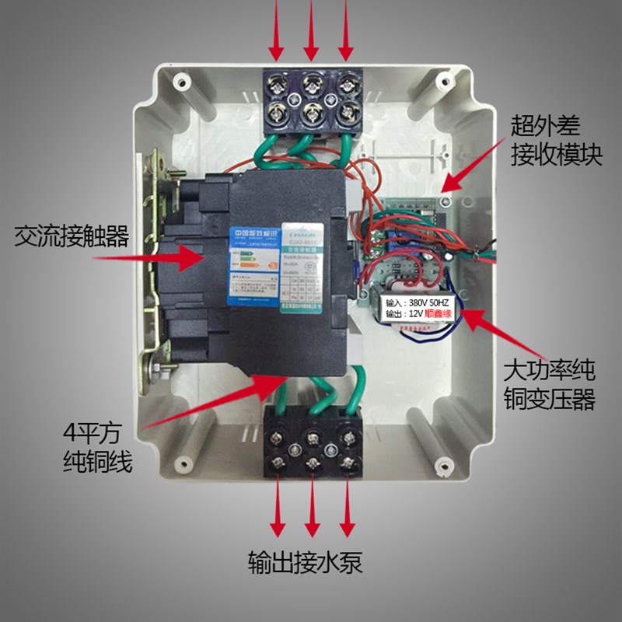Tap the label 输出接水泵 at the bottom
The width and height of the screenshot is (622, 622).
click(x=306, y=561)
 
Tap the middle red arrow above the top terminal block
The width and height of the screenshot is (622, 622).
click(x=311, y=30)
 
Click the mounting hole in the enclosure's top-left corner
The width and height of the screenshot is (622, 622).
click(x=180, y=81)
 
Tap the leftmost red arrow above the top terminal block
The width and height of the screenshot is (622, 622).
click(x=278, y=30)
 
